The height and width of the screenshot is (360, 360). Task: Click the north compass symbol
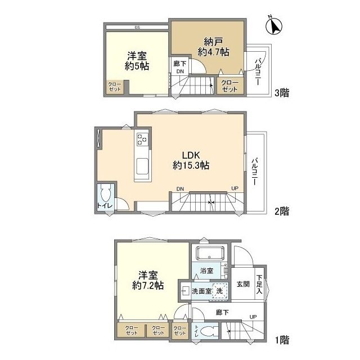click(274, 26)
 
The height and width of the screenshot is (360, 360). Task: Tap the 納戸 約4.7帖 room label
click(213, 47)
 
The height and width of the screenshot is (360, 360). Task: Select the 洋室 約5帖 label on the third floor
click(137, 61)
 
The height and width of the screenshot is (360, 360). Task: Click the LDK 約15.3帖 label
click(191, 160)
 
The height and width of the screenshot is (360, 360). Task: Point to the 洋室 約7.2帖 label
click(148, 280)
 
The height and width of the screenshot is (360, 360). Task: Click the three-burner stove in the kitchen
click(142, 139)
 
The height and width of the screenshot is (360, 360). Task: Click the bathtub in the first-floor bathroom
click(210, 253)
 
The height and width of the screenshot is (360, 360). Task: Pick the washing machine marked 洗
click(220, 291)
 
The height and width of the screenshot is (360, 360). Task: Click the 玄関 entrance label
click(243, 284)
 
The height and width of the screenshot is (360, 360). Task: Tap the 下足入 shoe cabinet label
click(259, 284)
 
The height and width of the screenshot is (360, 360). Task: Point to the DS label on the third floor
click(137, 28)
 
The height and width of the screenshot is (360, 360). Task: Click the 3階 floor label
click(282, 93)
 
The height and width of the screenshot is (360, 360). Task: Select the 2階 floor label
click(282, 211)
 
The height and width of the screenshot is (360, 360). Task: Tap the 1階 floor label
click(282, 340)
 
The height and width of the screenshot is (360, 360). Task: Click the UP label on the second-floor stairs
click(235, 188)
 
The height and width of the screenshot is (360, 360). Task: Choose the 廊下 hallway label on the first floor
click(222, 312)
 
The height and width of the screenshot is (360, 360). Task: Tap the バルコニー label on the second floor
click(254, 171)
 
